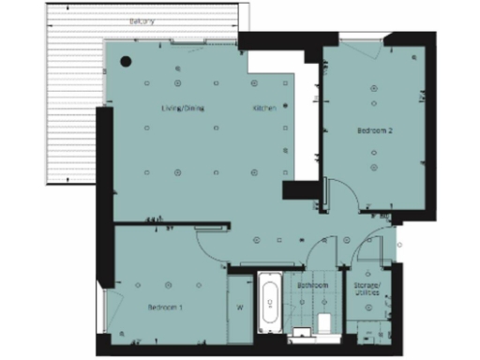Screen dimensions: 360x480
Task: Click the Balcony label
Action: [142, 21]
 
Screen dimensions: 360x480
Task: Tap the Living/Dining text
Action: [182, 108]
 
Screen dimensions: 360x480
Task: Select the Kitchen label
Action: [264, 108]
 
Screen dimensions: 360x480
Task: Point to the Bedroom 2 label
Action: [374, 131]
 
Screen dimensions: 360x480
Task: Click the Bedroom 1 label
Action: [164, 307]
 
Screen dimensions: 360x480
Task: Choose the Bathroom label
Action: [312, 285]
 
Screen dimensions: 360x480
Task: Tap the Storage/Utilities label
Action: [367, 289]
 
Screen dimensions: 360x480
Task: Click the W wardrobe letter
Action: [240, 307]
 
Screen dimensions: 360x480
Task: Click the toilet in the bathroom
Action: [324, 323]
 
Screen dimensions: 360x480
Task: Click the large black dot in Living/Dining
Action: [126, 62]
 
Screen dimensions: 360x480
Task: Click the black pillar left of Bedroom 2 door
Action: [302, 190]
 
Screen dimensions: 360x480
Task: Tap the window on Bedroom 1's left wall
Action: [110, 309]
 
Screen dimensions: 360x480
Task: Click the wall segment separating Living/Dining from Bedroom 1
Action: [173, 225]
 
